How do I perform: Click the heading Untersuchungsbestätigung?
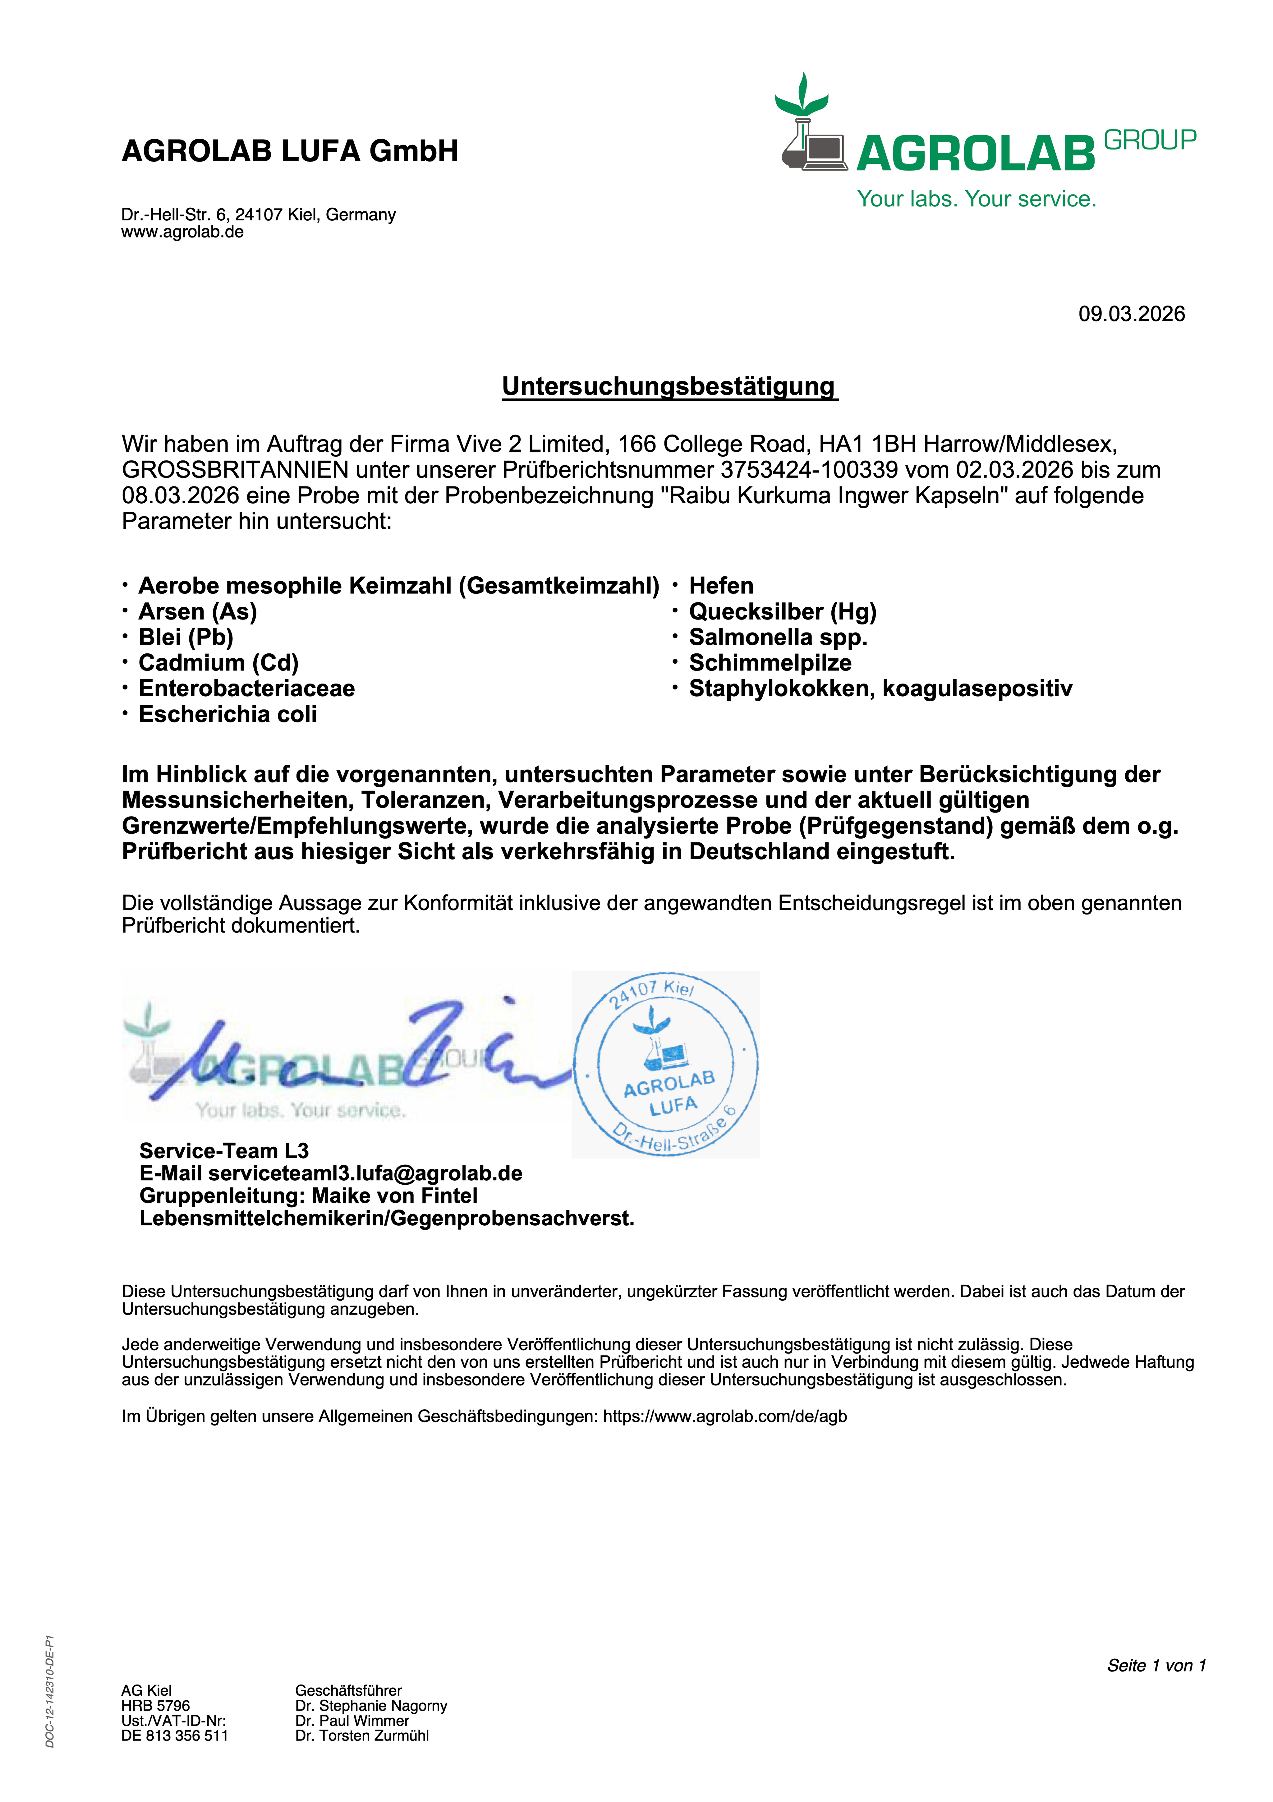[x=669, y=386]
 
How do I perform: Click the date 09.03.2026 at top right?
[x=1131, y=314]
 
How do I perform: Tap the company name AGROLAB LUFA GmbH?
[x=290, y=151]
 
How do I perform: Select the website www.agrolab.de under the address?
[x=182, y=232]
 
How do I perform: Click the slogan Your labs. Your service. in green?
[x=976, y=199]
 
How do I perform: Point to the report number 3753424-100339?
[x=808, y=470]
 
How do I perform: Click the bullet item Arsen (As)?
[x=198, y=611]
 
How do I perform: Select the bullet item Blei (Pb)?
[x=186, y=637]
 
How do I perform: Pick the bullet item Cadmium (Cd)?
[x=218, y=663]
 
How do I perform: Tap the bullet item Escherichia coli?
[x=227, y=714]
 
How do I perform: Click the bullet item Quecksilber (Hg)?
[x=783, y=611]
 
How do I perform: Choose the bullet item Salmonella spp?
[x=778, y=637]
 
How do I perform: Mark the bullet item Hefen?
[x=720, y=586]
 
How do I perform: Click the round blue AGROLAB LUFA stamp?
[x=665, y=1064]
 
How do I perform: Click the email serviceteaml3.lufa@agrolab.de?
[x=365, y=1173]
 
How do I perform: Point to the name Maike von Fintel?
[x=395, y=1196]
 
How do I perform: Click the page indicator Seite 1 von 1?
[x=1155, y=1666]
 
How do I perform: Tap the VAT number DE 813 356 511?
[x=174, y=1735]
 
